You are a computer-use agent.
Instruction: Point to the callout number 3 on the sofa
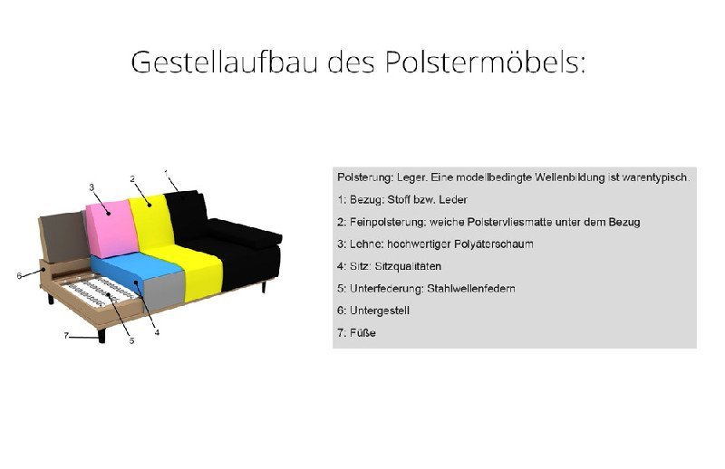(92, 187)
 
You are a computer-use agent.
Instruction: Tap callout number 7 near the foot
(65, 335)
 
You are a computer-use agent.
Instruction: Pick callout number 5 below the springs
(131, 341)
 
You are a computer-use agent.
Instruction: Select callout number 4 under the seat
(157, 333)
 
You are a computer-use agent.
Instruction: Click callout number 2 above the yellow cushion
(132, 178)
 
